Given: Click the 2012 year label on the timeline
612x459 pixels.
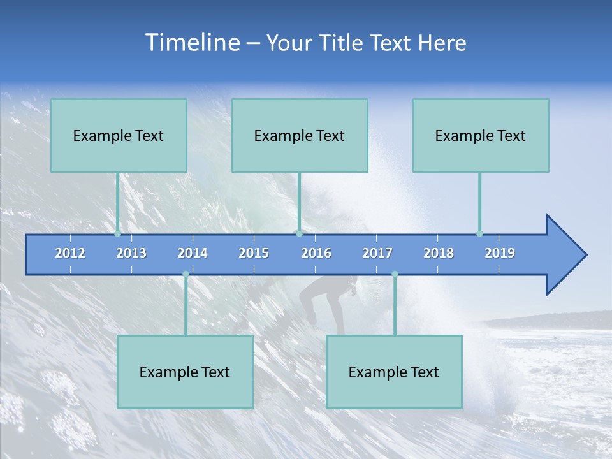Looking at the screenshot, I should coord(70,253).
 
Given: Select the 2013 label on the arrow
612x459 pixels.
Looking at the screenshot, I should coord(131,253).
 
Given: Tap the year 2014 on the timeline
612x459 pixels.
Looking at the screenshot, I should coord(193,253).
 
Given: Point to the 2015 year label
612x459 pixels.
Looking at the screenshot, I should coord(254,253).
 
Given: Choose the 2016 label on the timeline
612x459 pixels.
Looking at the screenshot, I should coord(316,253).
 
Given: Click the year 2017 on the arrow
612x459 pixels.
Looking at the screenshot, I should coord(377,253).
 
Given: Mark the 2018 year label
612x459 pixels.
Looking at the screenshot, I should coord(439,253).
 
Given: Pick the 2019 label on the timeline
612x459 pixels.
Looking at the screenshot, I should coord(500,253).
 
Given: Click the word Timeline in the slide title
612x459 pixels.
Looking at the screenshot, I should coord(193,43).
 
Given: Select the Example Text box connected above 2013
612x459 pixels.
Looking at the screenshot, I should coord(119,135).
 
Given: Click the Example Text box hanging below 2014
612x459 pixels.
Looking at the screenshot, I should coord(185,372).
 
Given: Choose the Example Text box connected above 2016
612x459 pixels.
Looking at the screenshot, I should coord(300,135).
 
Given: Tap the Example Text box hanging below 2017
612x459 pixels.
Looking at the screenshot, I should coord(394,372).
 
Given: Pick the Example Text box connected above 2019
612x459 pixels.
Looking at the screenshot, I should coord(481,135).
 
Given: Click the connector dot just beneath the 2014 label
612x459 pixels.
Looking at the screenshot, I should coord(186,274).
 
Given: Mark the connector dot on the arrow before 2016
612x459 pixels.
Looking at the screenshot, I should coord(299,233).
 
